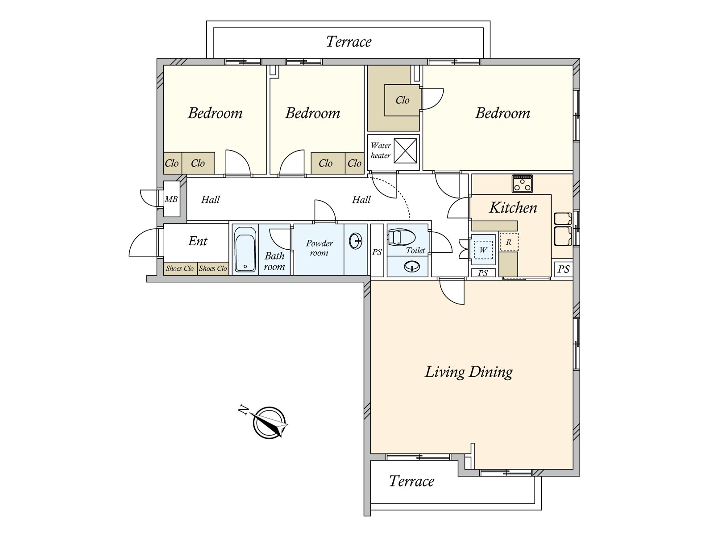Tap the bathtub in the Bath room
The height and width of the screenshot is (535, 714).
245,249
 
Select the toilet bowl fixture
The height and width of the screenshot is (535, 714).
401,238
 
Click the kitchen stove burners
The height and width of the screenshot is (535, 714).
522,184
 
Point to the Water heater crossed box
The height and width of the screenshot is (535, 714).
405,151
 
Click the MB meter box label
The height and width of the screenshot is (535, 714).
171,199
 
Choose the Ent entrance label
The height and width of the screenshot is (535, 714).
197,241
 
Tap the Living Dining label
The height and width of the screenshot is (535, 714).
469,372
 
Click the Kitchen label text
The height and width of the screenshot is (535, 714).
513,208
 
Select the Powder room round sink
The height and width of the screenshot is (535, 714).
356,241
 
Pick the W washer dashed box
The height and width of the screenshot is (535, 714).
483,250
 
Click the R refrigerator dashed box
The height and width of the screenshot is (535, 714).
509,242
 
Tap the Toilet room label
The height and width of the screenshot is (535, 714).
415,251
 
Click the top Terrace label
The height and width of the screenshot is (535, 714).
349,41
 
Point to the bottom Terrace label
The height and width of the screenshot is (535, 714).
411,481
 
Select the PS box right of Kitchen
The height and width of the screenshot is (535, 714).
564,269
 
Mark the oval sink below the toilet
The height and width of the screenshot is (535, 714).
412,267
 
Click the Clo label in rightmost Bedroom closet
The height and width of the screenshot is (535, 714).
403,100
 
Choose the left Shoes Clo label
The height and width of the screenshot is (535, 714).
179,268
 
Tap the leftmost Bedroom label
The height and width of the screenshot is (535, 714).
215,113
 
